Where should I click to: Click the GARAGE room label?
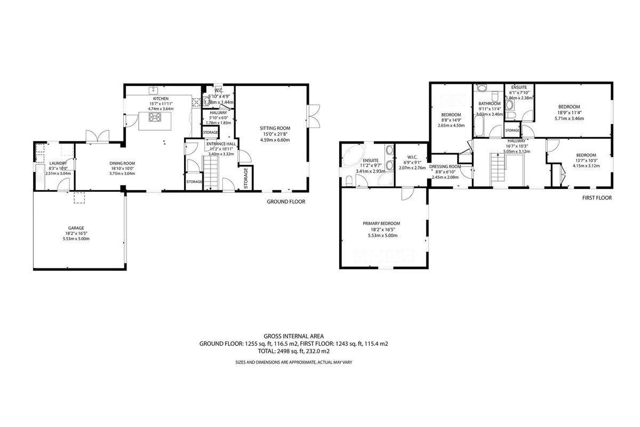click(76, 228)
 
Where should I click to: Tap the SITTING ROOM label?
click(275, 128)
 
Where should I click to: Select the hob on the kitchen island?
click(155, 117)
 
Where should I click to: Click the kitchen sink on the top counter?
click(154, 90)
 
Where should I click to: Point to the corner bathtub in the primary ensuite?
click(353, 154)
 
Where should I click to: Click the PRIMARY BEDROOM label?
click(381, 223)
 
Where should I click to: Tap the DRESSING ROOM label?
click(445, 167)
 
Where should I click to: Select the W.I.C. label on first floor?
click(412, 157)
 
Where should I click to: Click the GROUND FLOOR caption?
click(286, 202)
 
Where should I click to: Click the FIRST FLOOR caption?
click(597, 197)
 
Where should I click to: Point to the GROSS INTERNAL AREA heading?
click(294, 336)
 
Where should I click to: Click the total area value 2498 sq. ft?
click(290, 351)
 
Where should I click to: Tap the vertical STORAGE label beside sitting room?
click(246, 178)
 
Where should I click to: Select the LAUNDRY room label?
click(58, 163)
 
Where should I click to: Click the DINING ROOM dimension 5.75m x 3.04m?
click(122, 173)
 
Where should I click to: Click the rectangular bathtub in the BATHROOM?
click(478, 125)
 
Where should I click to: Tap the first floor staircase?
click(498, 170)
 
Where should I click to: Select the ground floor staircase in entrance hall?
click(211, 173)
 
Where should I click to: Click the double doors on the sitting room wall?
click(314, 116)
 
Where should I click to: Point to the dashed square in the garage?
click(79, 198)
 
